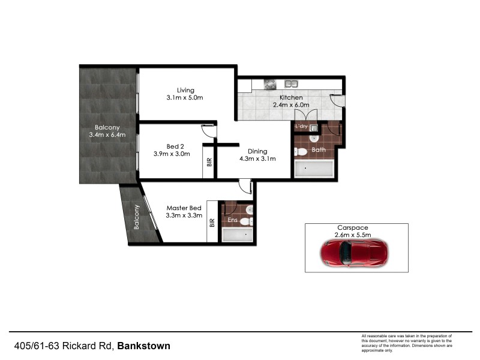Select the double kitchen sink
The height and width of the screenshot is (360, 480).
click(x=292, y=84)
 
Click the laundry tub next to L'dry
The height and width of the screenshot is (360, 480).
click(x=314, y=127)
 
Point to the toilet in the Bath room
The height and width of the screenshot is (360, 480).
click(x=301, y=151)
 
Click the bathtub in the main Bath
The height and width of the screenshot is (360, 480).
click(x=313, y=169)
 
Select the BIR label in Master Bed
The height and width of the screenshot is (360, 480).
click(x=212, y=222)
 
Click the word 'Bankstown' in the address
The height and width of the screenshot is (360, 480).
click(x=143, y=346)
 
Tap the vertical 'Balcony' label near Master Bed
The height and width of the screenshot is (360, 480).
click(x=137, y=217)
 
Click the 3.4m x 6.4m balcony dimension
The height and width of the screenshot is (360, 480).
click(x=106, y=136)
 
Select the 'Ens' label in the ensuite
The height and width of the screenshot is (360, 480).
click(x=232, y=220)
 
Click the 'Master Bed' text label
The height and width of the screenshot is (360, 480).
click(x=184, y=208)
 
